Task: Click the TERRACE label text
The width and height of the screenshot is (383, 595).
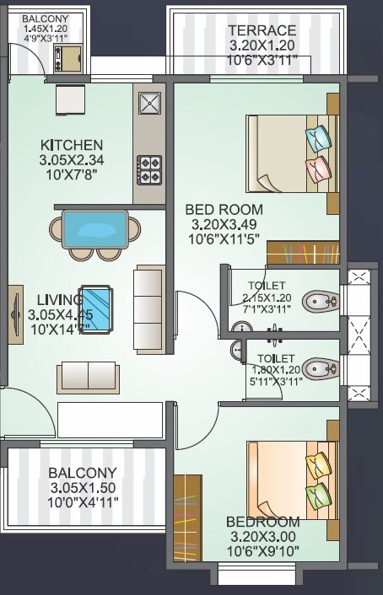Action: point(262,31)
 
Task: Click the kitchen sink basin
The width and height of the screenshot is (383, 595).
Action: point(150,104)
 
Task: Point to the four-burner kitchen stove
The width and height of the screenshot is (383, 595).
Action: point(150,169)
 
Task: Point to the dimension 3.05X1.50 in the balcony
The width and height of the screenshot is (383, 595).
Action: point(82,488)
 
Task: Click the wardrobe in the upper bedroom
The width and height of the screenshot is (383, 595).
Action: point(303,252)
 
